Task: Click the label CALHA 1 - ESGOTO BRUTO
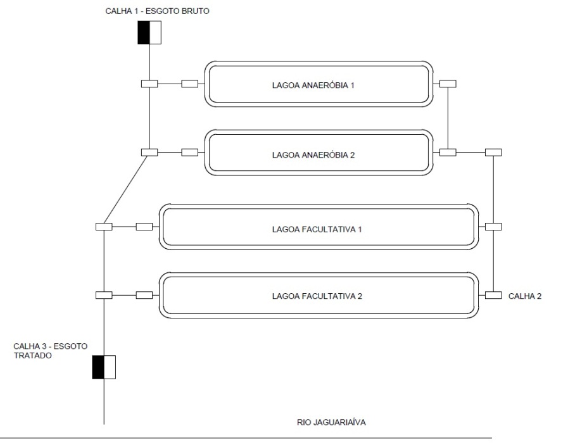[x=157, y=11]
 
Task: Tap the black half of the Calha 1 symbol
[x=144, y=32]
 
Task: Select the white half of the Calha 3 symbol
[x=110, y=367]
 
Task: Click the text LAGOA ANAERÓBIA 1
[x=313, y=85]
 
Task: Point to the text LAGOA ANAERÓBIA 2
[x=313, y=155]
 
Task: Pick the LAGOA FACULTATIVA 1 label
[x=317, y=229]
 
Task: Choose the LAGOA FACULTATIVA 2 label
[x=317, y=296]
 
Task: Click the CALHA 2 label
[x=525, y=296]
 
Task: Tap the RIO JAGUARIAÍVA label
[x=331, y=422]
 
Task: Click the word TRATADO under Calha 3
[x=33, y=356]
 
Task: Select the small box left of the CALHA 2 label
[x=493, y=296]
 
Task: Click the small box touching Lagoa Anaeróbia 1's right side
[x=448, y=84]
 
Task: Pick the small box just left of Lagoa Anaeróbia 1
[x=190, y=84]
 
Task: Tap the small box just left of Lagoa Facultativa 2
[x=144, y=296]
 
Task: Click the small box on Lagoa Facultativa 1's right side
[x=493, y=227]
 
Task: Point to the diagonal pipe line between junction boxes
[x=127, y=189]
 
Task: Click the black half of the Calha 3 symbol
[x=98, y=367]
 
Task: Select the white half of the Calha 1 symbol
[x=155, y=32]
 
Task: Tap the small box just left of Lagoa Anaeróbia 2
[x=190, y=153]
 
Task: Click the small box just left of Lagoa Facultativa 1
[x=144, y=227]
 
